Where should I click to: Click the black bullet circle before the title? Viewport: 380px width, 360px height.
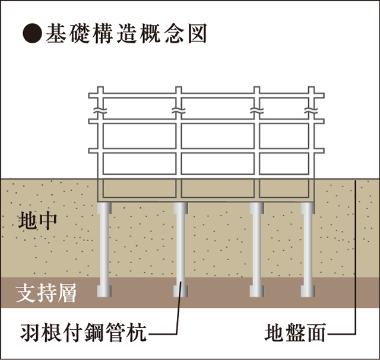point(33,33)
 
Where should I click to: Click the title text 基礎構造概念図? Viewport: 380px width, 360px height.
point(126,33)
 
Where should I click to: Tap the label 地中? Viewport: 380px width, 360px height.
point(37,221)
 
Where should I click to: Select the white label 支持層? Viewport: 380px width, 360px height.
point(46,293)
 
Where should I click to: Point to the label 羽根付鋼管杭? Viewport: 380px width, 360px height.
point(84,333)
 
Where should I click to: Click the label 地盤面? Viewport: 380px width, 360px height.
point(295,333)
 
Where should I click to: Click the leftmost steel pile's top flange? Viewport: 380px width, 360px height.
point(104,209)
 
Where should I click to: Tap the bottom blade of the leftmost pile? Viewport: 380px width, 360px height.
point(104,291)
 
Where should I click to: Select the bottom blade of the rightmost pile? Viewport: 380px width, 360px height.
point(308,291)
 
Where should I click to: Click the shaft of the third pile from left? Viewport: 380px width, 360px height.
point(257,250)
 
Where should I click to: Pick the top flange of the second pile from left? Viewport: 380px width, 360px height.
point(180,209)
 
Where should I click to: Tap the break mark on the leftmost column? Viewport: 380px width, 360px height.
point(100,110)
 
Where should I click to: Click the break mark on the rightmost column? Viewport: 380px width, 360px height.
point(311,110)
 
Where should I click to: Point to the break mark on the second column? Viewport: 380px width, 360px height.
point(179,110)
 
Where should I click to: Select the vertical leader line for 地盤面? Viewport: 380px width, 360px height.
point(355,257)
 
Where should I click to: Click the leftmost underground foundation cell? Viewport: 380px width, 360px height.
point(140,188)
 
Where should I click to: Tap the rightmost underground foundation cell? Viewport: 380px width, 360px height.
point(284,188)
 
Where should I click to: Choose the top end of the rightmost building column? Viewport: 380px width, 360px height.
point(311,87)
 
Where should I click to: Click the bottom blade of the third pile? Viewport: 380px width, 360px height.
point(257,291)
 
